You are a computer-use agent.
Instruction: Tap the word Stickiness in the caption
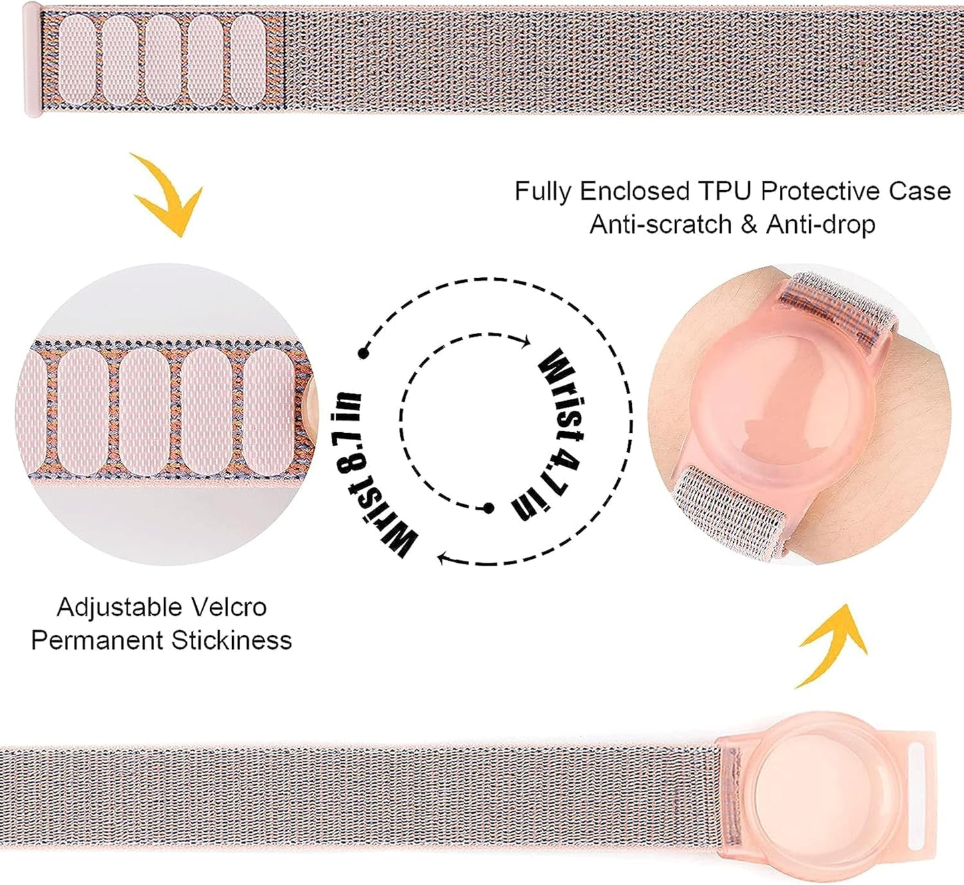(x=231, y=640)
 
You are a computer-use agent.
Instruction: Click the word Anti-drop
(x=820, y=225)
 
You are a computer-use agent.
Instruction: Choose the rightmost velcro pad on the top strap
(x=250, y=59)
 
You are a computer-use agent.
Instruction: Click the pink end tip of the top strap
(x=32, y=60)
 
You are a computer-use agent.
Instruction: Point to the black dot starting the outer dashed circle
(x=363, y=353)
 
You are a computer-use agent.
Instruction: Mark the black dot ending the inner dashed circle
(x=488, y=509)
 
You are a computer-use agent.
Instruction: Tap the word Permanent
(x=97, y=640)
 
